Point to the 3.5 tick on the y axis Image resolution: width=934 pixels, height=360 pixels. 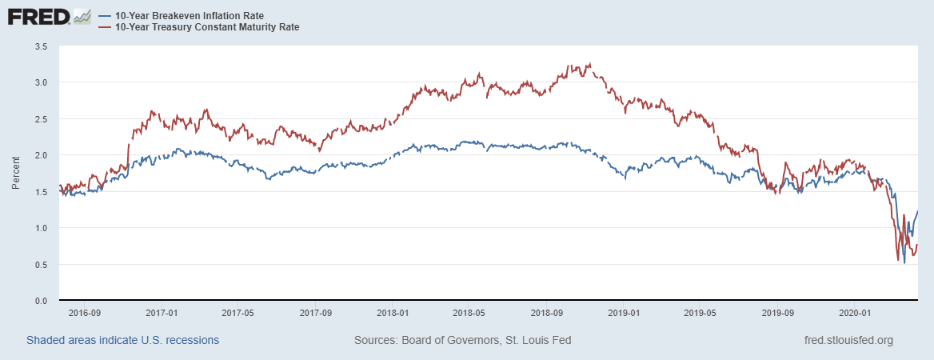coord(42,46)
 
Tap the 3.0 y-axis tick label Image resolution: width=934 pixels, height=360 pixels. coord(42,82)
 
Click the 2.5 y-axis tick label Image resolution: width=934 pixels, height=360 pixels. coord(42,119)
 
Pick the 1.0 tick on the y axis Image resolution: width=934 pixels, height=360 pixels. coord(42,228)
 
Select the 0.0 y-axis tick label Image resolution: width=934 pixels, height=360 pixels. coord(42,301)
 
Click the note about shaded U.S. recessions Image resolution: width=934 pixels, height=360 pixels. coord(123,340)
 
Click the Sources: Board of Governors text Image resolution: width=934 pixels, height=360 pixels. coord(462,340)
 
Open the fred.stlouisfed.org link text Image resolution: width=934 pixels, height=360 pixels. coord(848,340)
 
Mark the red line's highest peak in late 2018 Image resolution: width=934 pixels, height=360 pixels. coord(589,64)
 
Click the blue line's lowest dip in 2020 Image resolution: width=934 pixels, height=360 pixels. coord(904,262)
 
